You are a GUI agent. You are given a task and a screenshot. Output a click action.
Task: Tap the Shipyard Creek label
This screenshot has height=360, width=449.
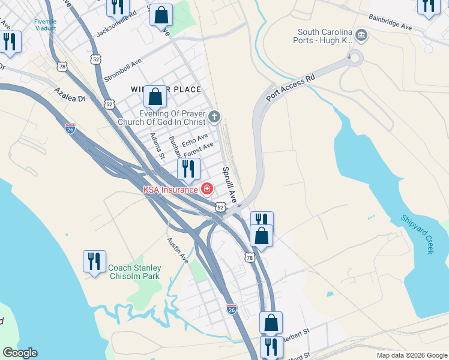point(417,235)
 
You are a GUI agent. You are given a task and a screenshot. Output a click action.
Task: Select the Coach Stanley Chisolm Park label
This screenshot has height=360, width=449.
point(135,272)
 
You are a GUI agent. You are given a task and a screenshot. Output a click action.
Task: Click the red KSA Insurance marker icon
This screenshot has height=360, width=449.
point(207,189)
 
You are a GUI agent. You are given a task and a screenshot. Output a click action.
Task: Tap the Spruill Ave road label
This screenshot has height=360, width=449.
point(231,184)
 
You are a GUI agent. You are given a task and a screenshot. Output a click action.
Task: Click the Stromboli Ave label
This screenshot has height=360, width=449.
point(123,71)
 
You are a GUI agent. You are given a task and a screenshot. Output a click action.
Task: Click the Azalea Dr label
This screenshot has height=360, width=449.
point(70,94)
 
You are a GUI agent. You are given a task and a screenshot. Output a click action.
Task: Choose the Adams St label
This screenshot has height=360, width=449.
point(157,146)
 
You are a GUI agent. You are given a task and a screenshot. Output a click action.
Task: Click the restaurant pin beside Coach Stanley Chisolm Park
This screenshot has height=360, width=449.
point(94,261)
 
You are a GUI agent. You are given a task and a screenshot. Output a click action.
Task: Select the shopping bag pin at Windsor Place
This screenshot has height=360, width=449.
point(155,97)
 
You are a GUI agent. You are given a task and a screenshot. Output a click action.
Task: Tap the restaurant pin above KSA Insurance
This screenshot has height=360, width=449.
point(188,169)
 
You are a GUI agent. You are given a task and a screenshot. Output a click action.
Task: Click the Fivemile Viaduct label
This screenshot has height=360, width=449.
point(45,25)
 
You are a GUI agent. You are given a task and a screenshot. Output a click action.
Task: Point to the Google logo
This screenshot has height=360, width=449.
point(20,353)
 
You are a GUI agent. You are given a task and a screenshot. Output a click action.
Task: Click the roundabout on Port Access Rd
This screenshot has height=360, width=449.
point(352,59)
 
